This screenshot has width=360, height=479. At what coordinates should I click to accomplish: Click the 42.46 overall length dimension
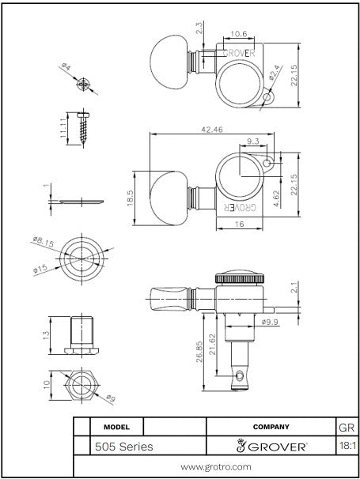[212, 129]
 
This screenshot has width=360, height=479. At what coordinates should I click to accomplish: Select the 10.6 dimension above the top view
[239, 34]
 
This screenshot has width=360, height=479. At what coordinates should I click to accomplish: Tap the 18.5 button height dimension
[130, 198]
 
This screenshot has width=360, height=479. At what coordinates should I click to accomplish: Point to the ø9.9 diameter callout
[270, 322]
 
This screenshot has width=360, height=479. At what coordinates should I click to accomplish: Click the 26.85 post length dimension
[199, 352]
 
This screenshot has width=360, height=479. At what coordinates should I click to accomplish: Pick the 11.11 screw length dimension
[63, 128]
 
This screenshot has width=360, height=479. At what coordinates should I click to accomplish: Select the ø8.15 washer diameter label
[44, 242]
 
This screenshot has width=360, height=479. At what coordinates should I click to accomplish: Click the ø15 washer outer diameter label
[40, 269]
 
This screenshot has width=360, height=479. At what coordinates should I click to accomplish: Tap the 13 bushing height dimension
[46, 335]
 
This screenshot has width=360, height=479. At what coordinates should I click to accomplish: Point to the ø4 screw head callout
[66, 66]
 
